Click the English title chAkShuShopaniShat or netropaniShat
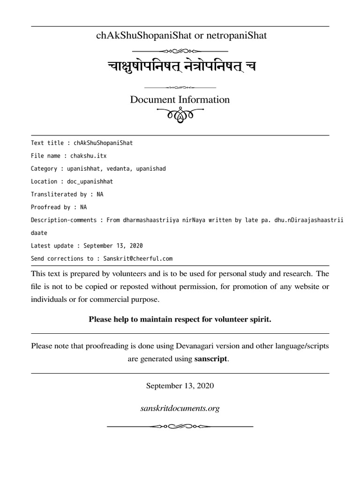[180, 36]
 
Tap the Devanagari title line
[180, 67]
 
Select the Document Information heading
[180, 99]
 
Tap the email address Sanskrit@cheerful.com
[135, 258]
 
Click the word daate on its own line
[39, 232]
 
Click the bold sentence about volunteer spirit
[180, 319]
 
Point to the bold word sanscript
[211, 359]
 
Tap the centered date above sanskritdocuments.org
[180, 386]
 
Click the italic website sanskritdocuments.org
[180, 408]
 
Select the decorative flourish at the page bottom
[180, 426]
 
